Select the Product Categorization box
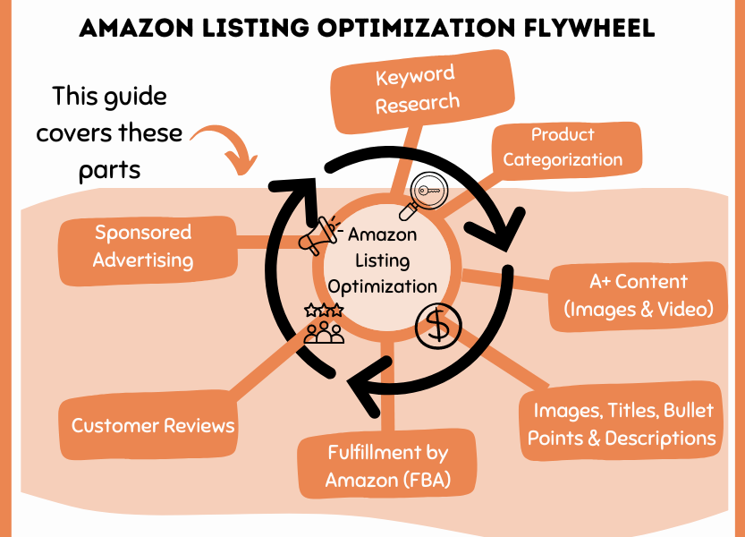pyautogui.click(x=563, y=148)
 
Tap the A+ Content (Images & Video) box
pyautogui.click(x=638, y=295)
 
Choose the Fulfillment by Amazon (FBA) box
pyautogui.click(x=387, y=466)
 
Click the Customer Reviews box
pyautogui.click(x=153, y=426)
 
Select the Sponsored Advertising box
pyautogui.click(x=143, y=246)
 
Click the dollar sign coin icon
pyautogui.click(x=438, y=327)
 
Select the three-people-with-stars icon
pyautogui.click(x=324, y=324)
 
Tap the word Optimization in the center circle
pyautogui.click(x=383, y=286)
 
